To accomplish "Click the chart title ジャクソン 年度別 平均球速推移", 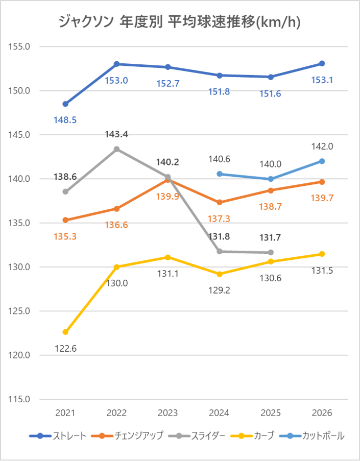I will (x=179, y=21).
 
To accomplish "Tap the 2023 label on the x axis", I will (x=168, y=413).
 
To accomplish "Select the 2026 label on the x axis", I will (x=322, y=413).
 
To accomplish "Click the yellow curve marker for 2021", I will (x=65, y=332).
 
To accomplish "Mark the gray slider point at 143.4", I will (x=116, y=149).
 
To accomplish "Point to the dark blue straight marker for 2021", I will (x=65, y=104).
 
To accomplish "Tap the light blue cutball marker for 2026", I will (x=322, y=161).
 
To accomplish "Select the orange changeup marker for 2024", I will (x=220, y=203).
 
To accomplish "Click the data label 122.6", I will (x=65, y=349).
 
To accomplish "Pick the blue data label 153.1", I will (x=322, y=80).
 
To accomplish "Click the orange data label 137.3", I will (x=220, y=219).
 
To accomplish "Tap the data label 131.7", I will (x=271, y=237).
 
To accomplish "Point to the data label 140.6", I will (x=220, y=159).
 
